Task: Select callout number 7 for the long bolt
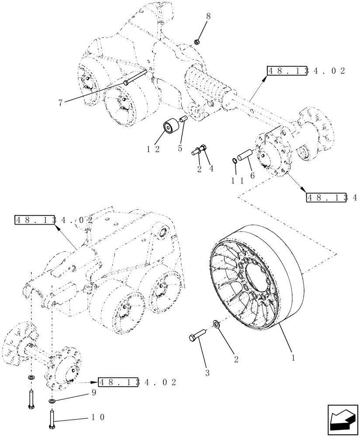(60, 103)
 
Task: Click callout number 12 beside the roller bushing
(154, 149)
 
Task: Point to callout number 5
(180, 148)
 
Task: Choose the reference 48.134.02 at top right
(306, 71)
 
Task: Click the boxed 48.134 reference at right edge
(332, 198)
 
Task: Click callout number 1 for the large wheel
(294, 357)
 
